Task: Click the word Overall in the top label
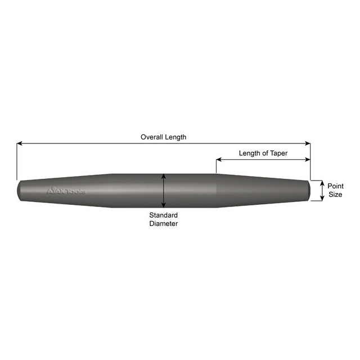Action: pos(151,137)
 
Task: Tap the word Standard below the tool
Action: pos(163,215)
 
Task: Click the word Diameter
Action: pos(163,223)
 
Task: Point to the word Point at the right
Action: pos(336,186)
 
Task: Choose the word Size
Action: pos(336,195)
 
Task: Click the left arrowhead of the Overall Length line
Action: pos(19,144)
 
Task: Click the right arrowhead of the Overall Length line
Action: pos(308,144)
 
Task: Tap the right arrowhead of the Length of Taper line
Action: pos(308,160)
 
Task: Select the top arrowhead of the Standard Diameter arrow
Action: pos(163,175)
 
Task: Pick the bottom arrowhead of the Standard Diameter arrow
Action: pos(163,206)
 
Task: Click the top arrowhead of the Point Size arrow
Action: pos(322,183)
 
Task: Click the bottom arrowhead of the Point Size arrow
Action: pos(322,199)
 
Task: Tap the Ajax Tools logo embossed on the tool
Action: pos(66,191)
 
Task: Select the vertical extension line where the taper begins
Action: pos(216,168)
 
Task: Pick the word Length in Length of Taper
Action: pos(249,153)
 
